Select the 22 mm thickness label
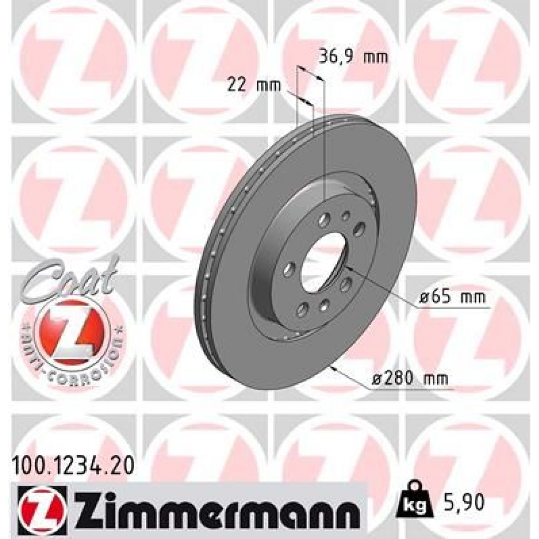tap(248, 85)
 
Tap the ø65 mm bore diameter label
tap(452, 297)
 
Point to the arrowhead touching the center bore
tap(347, 268)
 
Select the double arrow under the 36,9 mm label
tap(310, 74)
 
